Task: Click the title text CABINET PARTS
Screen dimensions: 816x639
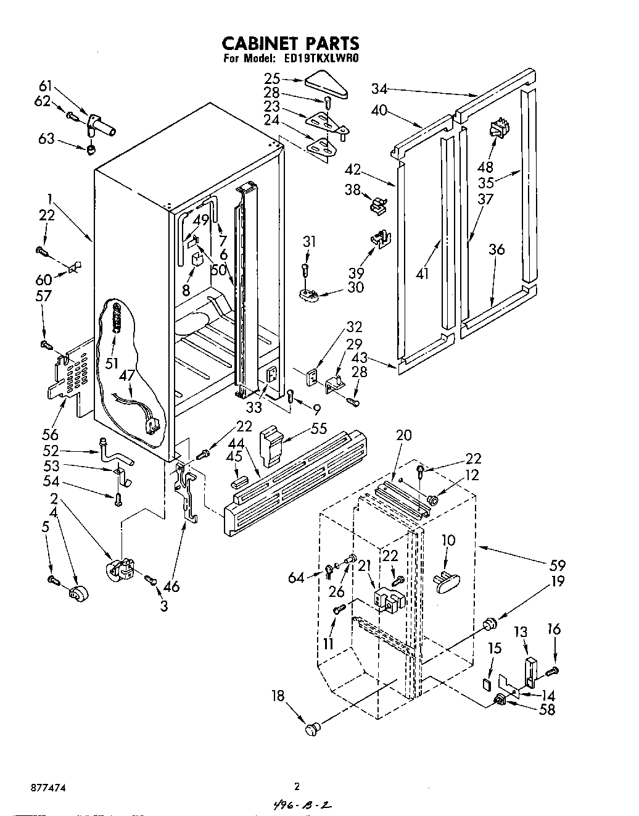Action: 290,43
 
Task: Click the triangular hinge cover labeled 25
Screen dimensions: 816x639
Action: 326,85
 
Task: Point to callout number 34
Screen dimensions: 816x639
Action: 379,89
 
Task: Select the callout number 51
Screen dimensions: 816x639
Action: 112,364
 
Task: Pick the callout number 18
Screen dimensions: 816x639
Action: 279,696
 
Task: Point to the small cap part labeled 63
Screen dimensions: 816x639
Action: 91,149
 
